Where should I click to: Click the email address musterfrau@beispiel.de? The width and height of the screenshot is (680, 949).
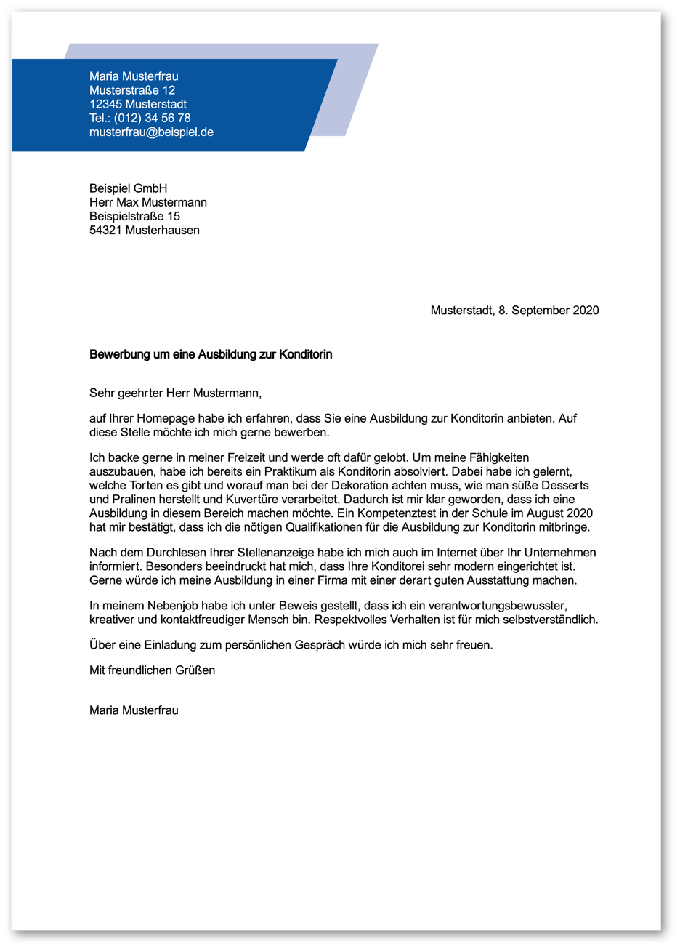click(x=151, y=132)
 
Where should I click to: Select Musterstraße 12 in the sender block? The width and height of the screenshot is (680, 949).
click(x=132, y=90)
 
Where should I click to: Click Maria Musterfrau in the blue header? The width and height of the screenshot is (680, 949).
click(x=134, y=76)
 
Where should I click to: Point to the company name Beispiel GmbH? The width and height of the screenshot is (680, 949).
click(x=128, y=188)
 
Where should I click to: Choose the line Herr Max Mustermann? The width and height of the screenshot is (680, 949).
click(x=148, y=202)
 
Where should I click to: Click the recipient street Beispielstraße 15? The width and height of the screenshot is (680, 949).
click(x=134, y=216)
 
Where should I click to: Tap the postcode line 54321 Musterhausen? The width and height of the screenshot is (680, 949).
click(x=144, y=230)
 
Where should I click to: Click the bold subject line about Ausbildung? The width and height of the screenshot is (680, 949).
click(x=211, y=355)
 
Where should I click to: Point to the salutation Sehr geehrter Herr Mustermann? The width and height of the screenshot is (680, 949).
click(x=175, y=393)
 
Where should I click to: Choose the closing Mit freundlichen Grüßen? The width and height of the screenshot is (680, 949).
click(x=152, y=670)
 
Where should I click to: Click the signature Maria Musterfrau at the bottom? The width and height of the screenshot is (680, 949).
click(x=134, y=710)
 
